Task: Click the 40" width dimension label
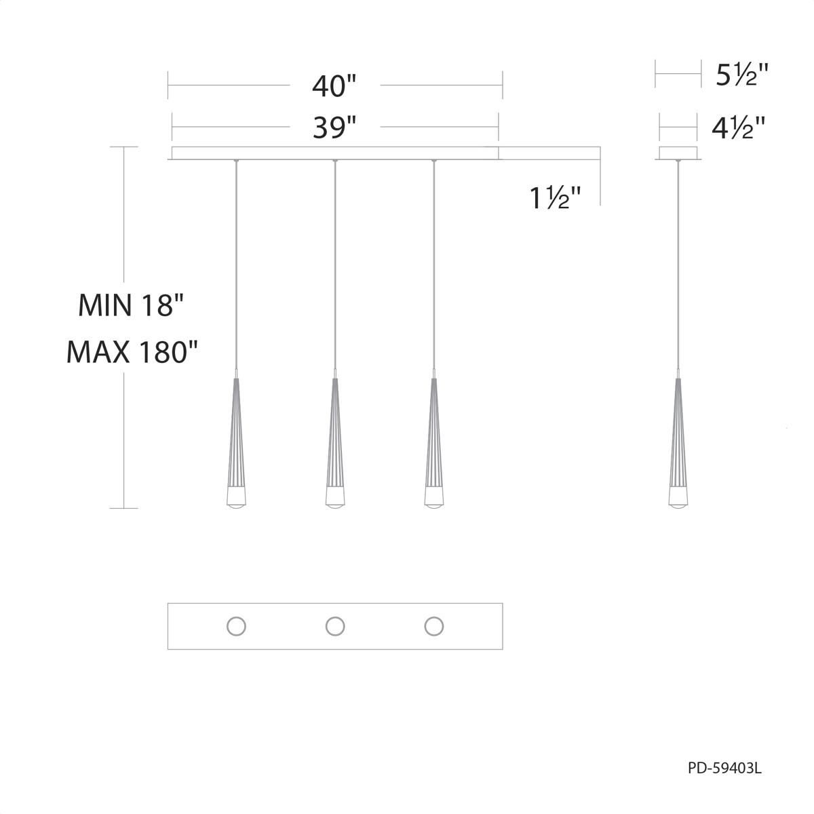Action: click(x=334, y=86)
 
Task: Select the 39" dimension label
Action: click(x=334, y=127)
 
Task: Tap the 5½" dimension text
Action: click(x=742, y=75)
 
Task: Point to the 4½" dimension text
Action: click(x=738, y=128)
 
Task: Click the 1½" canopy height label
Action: click(x=555, y=198)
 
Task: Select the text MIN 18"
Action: click(x=131, y=305)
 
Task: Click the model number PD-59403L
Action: click(x=724, y=768)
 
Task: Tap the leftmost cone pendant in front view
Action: click(x=235, y=441)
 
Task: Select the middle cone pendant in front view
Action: click(x=334, y=441)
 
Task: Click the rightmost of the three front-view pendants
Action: click(x=433, y=441)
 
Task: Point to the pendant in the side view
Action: click(x=677, y=441)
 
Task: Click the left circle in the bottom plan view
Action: click(x=236, y=626)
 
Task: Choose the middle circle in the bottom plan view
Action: click(x=335, y=626)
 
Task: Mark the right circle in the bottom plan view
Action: click(x=434, y=626)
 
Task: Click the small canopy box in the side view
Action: click(x=678, y=153)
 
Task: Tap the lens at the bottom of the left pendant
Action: click(x=235, y=503)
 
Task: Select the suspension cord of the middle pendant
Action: click(x=334, y=271)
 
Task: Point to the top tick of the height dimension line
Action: click(x=123, y=147)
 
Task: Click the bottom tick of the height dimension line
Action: click(x=123, y=508)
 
